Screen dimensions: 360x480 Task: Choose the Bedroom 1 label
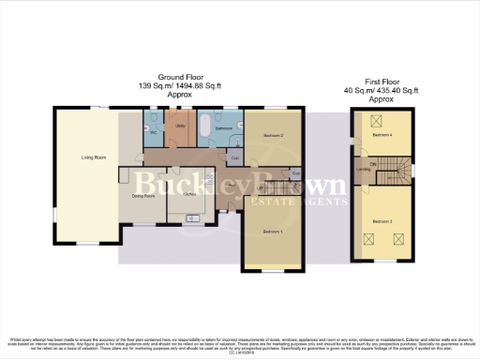click(x=273, y=231)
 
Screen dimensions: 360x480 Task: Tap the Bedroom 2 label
click(x=273, y=136)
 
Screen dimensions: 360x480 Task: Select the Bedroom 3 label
click(x=381, y=221)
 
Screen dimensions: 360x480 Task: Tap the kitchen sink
click(x=202, y=217)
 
